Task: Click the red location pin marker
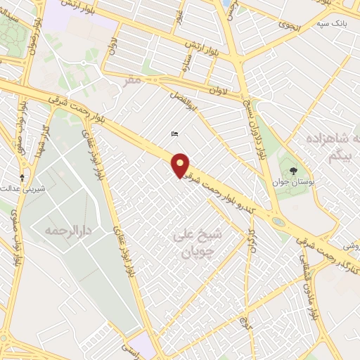tap(181, 165)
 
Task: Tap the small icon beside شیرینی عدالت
tap(22, 177)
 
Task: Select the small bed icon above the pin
tap(174, 134)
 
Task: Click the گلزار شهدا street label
tap(44, 136)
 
